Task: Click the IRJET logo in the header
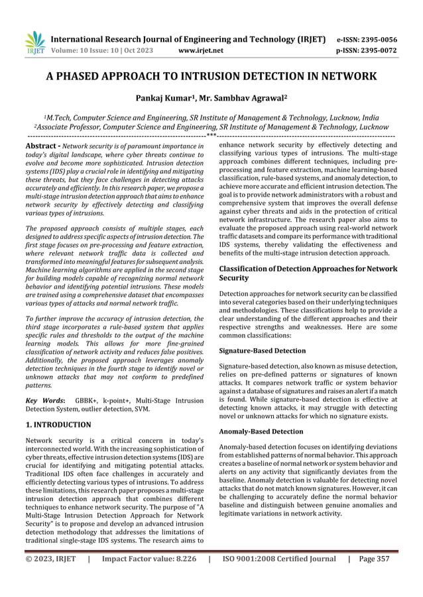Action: [x=34, y=41]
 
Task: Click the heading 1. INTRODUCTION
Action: [x=58, y=424]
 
